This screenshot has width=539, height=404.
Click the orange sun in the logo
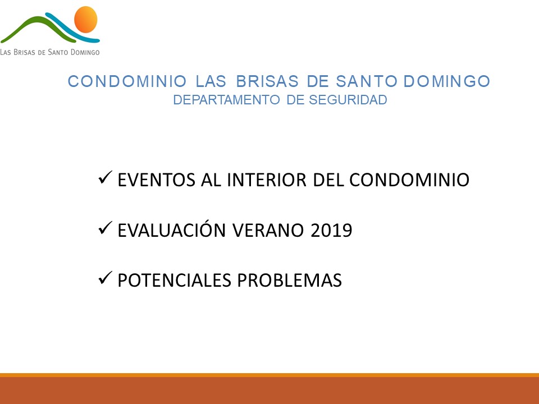tap(86, 20)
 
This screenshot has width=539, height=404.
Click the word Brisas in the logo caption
tap(24, 52)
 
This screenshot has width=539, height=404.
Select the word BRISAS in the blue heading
tap(267, 81)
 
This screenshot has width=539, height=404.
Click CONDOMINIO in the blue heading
tap(127, 81)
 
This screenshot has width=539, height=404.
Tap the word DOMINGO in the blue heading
tap(447, 81)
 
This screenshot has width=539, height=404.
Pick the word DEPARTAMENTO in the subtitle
tap(226, 100)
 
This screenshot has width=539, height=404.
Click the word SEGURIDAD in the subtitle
tap(348, 100)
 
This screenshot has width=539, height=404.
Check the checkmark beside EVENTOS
tap(105, 178)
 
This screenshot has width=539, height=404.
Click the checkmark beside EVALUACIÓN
tap(105, 228)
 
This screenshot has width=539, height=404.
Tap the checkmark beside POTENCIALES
tap(105, 278)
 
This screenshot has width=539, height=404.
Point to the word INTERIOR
tap(266, 180)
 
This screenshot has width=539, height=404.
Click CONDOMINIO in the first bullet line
tap(409, 180)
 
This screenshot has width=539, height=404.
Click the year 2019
tap(331, 230)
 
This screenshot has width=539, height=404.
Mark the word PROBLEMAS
tap(290, 281)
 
